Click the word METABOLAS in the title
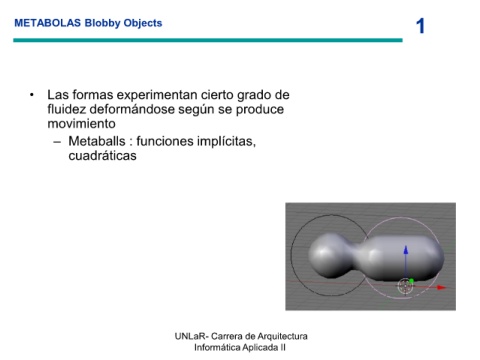(x=47, y=23)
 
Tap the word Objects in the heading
(x=143, y=23)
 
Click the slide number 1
(x=421, y=26)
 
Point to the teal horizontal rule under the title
(x=208, y=40)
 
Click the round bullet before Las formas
(x=32, y=95)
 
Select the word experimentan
(x=157, y=95)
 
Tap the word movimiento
(x=81, y=124)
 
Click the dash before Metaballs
(x=57, y=142)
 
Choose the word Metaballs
(x=97, y=141)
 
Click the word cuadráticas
(x=102, y=156)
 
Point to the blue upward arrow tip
(x=406, y=247)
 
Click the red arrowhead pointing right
(x=441, y=287)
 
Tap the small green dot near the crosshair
(x=411, y=281)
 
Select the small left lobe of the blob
(x=328, y=255)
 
